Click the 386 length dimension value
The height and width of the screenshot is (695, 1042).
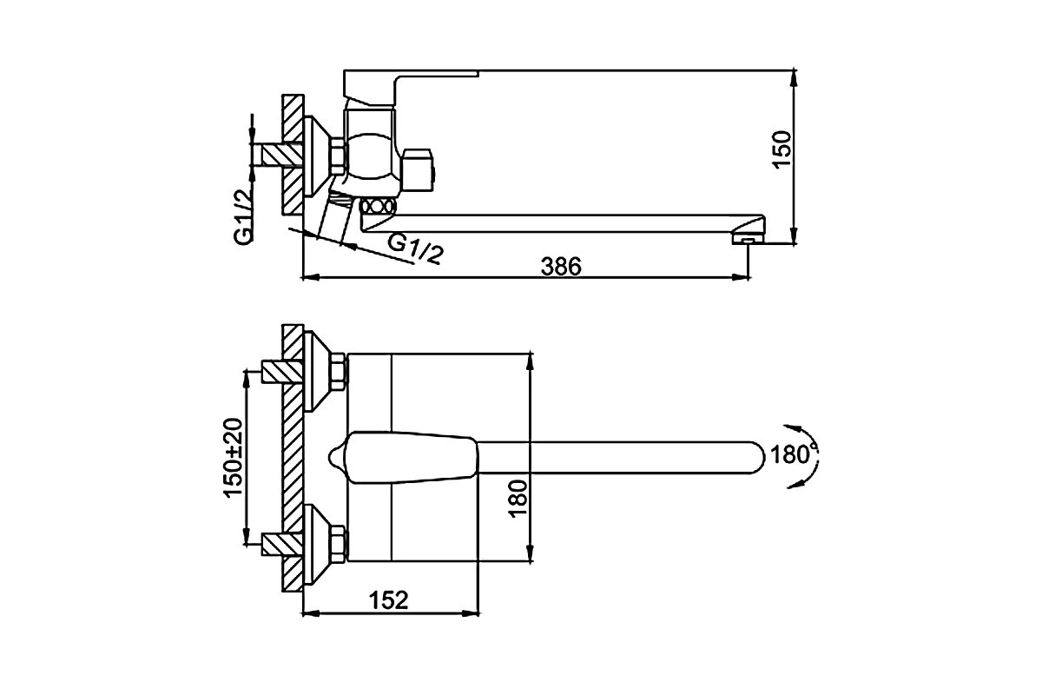561,266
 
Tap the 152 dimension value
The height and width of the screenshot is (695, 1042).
388,600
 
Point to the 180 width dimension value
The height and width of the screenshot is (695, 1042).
518,499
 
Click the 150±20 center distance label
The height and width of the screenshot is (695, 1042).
233,458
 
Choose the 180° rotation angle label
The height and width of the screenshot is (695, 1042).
793,454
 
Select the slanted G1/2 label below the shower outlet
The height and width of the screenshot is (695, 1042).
415,249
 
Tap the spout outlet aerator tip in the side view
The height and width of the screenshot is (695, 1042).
748,239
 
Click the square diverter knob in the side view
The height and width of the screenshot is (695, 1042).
419,170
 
